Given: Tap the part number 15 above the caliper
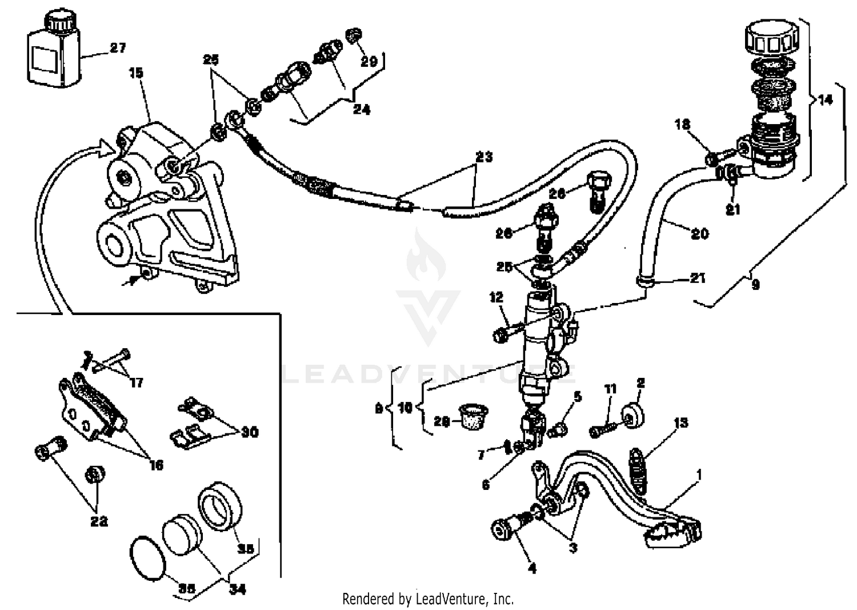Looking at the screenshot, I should click(x=136, y=73).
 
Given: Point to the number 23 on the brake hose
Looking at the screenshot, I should click(x=484, y=157).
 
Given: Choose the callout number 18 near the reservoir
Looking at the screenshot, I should click(x=682, y=124).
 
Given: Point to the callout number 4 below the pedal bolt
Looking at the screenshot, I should click(x=532, y=568).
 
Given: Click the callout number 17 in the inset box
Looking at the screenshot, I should click(x=136, y=382).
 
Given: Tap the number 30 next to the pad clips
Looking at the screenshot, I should click(x=250, y=432).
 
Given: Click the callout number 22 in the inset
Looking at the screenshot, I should click(x=99, y=521).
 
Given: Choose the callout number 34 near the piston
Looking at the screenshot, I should click(x=237, y=588).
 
